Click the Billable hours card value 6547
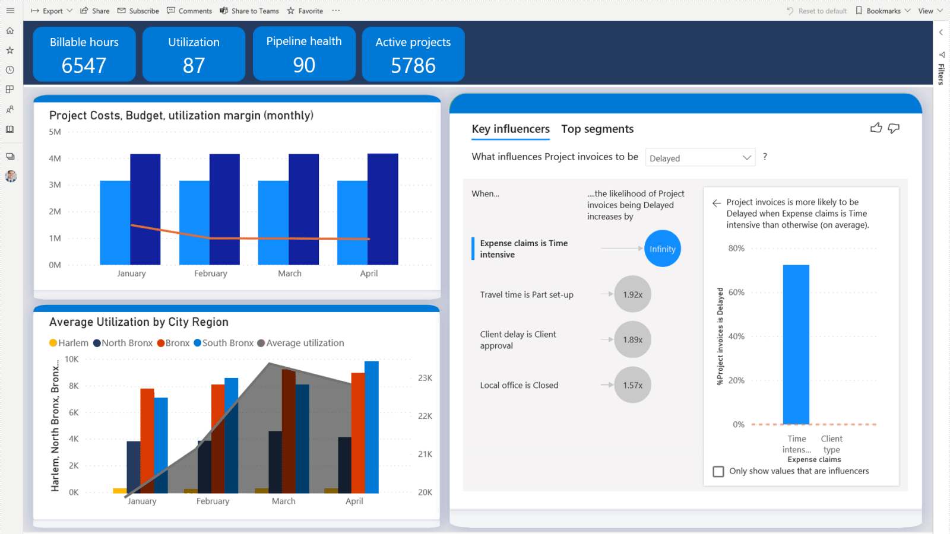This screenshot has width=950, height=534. pyautogui.click(x=84, y=65)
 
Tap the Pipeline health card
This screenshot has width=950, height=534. pyautogui.click(x=304, y=53)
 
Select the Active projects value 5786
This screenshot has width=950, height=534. pyautogui.click(x=413, y=65)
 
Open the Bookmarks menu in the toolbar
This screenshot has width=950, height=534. pyautogui.click(x=883, y=11)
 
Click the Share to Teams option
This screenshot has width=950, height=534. pyautogui.click(x=249, y=11)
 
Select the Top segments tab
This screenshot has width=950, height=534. pyautogui.click(x=597, y=129)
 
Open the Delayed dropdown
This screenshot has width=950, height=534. pyautogui.click(x=700, y=158)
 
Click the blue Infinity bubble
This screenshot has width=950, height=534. pyautogui.click(x=662, y=249)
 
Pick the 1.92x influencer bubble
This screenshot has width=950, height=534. pyautogui.click(x=632, y=294)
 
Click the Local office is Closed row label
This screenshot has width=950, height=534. pyautogui.click(x=519, y=385)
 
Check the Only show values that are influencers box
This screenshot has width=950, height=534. pyautogui.click(x=718, y=471)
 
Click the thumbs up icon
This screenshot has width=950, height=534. pyautogui.click(x=876, y=128)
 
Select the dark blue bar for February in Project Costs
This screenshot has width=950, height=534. pyautogui.click(x=224, y=209)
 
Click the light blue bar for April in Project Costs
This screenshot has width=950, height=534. pyautogui.click(x=352, y=223)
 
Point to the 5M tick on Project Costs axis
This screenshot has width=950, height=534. pyautogui.click(x=55, y=132)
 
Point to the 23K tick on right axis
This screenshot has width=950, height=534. pyautogui.click(x=425, y=378)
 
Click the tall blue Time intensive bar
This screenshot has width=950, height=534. pyautogui.click(x=796, y=344)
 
